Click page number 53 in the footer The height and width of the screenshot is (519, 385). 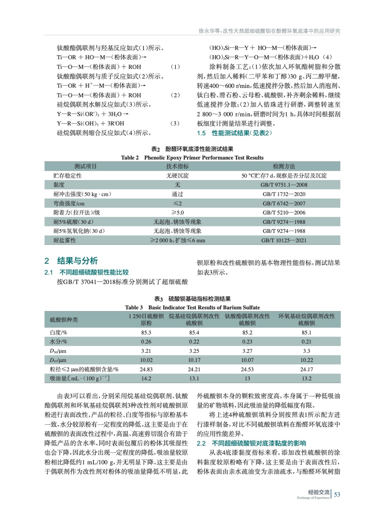pos(337,494)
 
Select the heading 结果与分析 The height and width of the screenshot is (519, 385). pos(77,261)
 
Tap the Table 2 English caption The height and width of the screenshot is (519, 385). pos(192,158)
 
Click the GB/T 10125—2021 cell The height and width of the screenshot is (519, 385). pos(284,240)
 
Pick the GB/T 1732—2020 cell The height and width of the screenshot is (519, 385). pos(284,194)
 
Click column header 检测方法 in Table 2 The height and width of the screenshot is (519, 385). pos(284,166)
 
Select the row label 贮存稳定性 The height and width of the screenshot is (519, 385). pos(67,175)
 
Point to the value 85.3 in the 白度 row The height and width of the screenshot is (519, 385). pos(146,332)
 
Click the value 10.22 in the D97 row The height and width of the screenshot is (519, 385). pos(306,360)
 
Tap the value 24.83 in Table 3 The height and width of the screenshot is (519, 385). pos(146,369)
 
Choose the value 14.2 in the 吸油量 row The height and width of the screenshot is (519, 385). pos(146,378)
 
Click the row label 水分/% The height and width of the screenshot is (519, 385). pos(58,342)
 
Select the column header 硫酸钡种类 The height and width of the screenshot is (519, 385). pos(64,320)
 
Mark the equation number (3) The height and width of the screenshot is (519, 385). pos(175,123)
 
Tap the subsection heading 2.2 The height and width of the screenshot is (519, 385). pos(251,443)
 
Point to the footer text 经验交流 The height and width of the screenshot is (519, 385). pos(318,492)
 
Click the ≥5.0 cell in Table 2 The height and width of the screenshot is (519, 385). pos(177,212)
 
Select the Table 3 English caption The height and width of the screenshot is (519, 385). pos(192,308)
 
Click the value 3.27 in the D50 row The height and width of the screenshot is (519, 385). pos(247,351)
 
